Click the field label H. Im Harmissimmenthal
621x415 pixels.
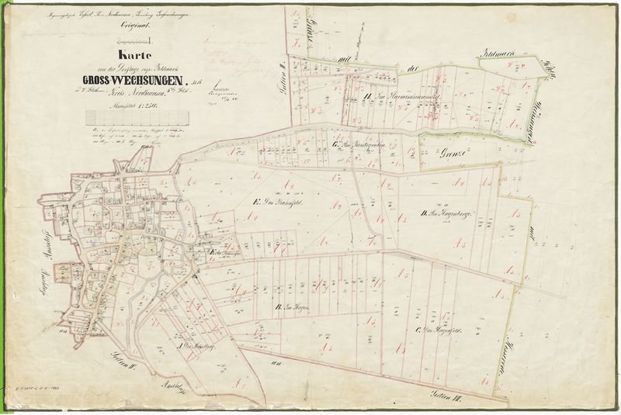coord(401,96)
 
